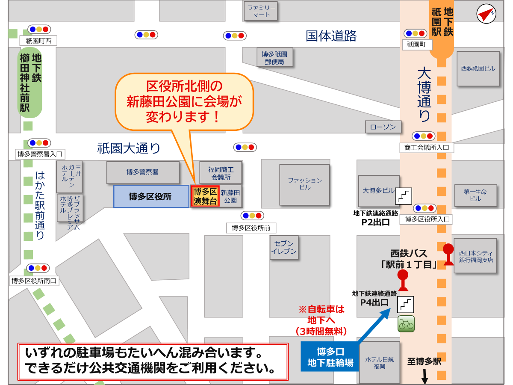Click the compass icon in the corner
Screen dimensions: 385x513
click(486, 14)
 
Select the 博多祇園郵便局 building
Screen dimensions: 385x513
click(274, 58)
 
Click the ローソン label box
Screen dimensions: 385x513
click(383, 127)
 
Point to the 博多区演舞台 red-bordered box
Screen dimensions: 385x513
click(205, 196)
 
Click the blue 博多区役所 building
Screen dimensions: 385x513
click(151, 196)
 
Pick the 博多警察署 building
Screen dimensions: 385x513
click(143, 172)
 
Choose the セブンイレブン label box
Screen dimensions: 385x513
click(283, 247)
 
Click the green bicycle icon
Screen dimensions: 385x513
click(406, 324)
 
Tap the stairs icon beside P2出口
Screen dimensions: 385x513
click(404, 196)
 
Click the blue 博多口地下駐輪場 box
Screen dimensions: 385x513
click(330, 357)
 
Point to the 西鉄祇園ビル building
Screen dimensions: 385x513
click(478, 68)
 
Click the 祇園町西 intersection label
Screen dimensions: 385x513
click(38, 41)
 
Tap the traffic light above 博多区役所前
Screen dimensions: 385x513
click(252, 216)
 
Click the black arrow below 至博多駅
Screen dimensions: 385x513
click(425, 376)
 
